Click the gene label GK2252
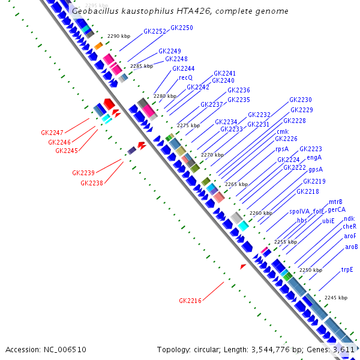(x=155, y=31)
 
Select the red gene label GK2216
(x=190, y=301)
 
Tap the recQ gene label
(x=185, y=77)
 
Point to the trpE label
(x=347, y=270)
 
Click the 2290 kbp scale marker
(x=119, y=37)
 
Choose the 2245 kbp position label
(x=336, y=298)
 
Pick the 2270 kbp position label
(x=212, y=155)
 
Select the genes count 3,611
(x=344, y=349)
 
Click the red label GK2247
(x=52, y=133)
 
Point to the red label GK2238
(x=92, y=183)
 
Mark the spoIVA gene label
(x=299, y=211)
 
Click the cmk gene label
(x=283, y=131)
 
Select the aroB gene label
(x=352, y=247)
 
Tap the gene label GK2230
(x=301, y=100)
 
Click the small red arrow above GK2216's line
(x=243, y=266)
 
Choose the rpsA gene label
(x=282, y=149)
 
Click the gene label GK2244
(x=184, y=68)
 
